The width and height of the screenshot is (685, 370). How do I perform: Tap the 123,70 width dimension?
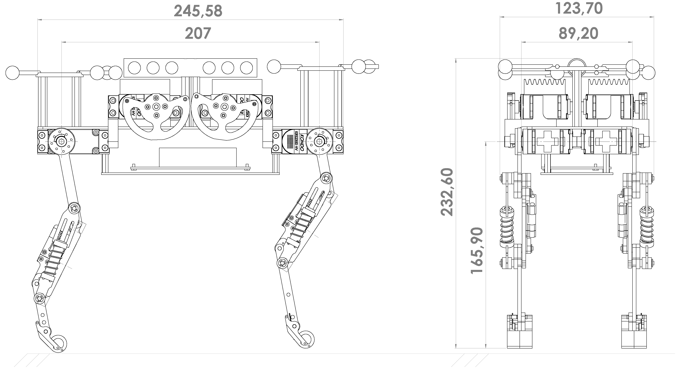(579, 9)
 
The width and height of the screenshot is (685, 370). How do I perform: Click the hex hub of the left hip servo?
(61, 142)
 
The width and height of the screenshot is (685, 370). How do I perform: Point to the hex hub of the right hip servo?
(319, 142)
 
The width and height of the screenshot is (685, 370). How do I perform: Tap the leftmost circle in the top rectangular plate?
(134, 68)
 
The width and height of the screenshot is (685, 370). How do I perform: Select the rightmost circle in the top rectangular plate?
(247, 68)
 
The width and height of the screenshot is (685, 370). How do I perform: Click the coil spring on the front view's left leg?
(507, 227)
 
